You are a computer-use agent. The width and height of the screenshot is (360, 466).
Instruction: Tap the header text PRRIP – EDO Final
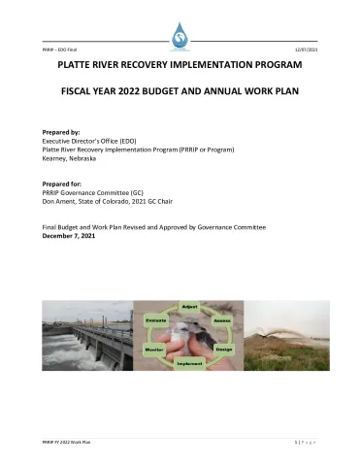pyautogui.click(x=59, y=49)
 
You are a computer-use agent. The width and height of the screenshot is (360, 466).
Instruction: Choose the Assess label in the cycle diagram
pyautogui.click(x=221, y=319)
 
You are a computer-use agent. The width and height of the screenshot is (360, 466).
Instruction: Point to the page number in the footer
pyautogui.click(x=295, y=442)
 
